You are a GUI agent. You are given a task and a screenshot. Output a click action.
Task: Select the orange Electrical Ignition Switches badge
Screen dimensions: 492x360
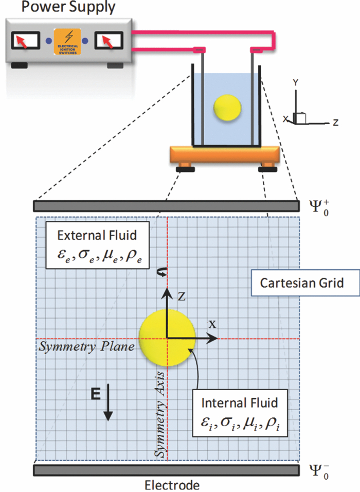[x=66, y=40]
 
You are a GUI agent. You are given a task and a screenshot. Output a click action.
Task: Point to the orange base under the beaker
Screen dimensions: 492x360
[x=225, y=153]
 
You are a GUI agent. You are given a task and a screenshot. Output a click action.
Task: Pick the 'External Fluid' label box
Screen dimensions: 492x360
[x=97, y=245]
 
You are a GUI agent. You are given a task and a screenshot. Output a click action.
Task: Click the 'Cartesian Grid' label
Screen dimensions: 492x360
[x=291, y=283]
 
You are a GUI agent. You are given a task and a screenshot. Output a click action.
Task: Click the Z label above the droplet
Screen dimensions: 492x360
[x=181, y=296]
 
